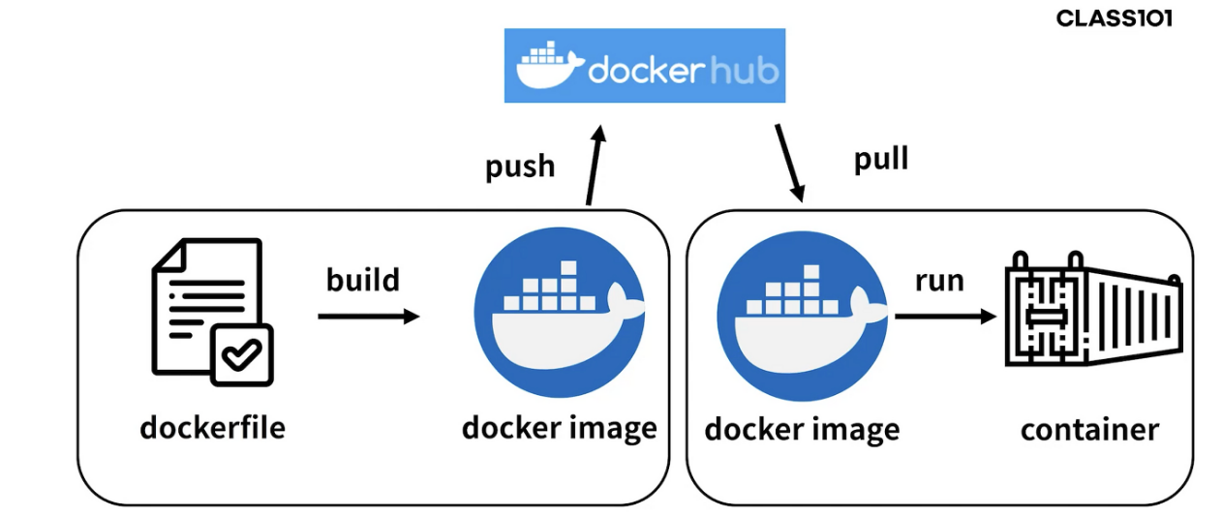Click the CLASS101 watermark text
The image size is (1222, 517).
[1114, 18]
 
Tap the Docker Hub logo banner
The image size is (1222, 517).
[644, 66]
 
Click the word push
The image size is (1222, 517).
[520, 166]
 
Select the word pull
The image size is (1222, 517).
[881, 158]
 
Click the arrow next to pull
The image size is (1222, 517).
[789, 162]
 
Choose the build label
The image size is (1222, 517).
[363, 280]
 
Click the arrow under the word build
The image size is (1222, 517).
[368, 316]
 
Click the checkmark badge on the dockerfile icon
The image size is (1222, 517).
[241, 355]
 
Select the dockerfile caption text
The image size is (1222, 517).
[213, 427]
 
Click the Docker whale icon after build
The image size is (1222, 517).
[560, 313]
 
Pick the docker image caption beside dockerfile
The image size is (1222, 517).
[560, 427]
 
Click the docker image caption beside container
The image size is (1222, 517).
[802, 429]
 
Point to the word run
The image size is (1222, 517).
[939, 281]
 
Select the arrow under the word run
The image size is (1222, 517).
[945, 317]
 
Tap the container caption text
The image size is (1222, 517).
[1089, 429]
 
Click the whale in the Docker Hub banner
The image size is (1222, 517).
[550, 67]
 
